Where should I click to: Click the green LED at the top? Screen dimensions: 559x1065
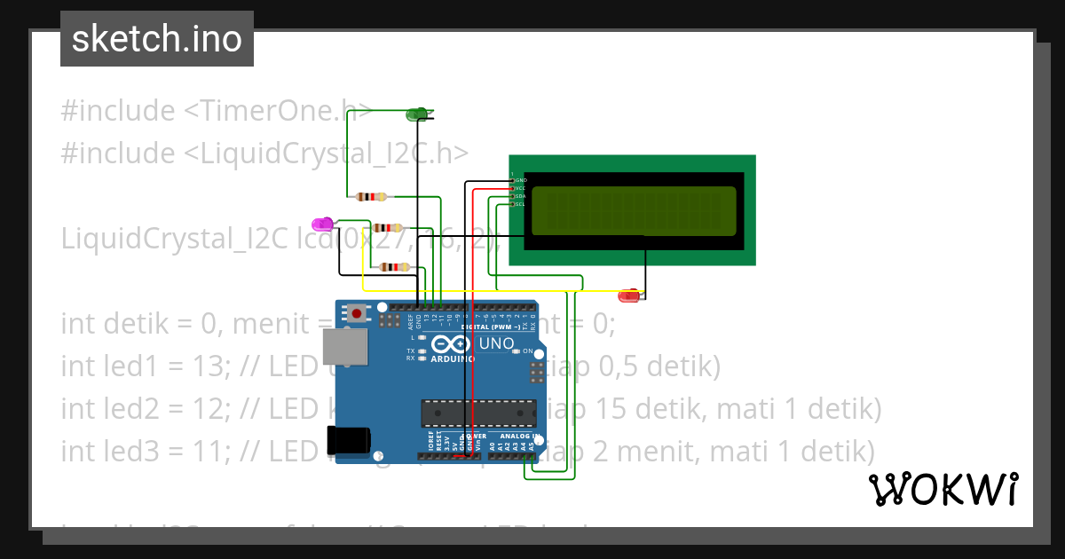[x=416, y=114]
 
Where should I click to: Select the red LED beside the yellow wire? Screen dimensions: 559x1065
[x=629, y=296]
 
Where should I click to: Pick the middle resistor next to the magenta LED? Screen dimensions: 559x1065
[x=388, y=228]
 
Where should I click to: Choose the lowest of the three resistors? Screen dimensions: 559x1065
[x=394, y=266]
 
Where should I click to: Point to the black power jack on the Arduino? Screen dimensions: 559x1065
[x=347, y=441]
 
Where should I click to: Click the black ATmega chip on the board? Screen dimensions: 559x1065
[x=478, y=413]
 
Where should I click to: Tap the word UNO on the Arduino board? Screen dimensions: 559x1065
[x=496, y=344]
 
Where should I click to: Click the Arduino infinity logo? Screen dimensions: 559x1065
[x=451, y=345]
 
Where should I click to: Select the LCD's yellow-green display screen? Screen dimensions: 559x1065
[x=634, y=211]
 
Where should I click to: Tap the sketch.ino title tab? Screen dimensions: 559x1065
[x=157, y=39]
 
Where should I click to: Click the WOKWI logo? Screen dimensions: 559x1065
[x=943, y=489]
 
